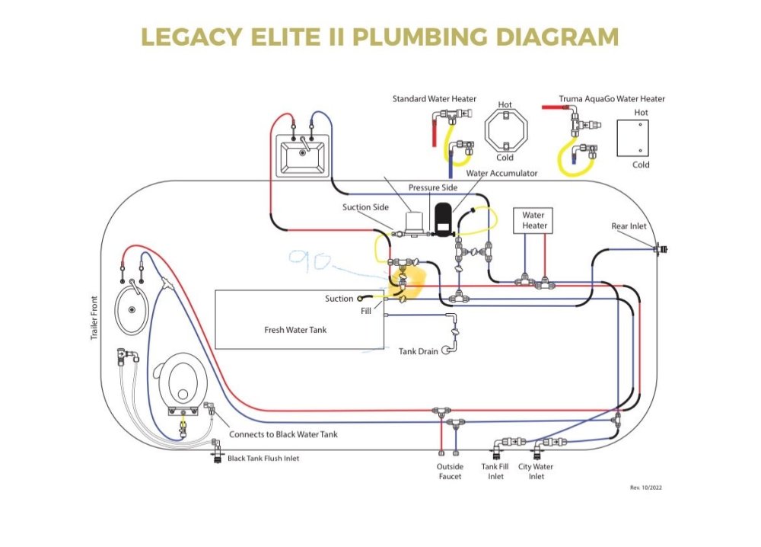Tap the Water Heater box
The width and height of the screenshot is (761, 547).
533,220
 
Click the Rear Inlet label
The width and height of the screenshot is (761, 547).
629,226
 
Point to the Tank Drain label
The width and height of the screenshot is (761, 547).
419,351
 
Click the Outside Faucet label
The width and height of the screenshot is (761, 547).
449,472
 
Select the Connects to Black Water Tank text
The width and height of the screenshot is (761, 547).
283,434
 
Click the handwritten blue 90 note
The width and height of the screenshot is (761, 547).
308,261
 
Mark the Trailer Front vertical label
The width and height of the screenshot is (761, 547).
94,318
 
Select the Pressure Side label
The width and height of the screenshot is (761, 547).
432,187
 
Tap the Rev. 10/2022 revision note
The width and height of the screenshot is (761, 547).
645,487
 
